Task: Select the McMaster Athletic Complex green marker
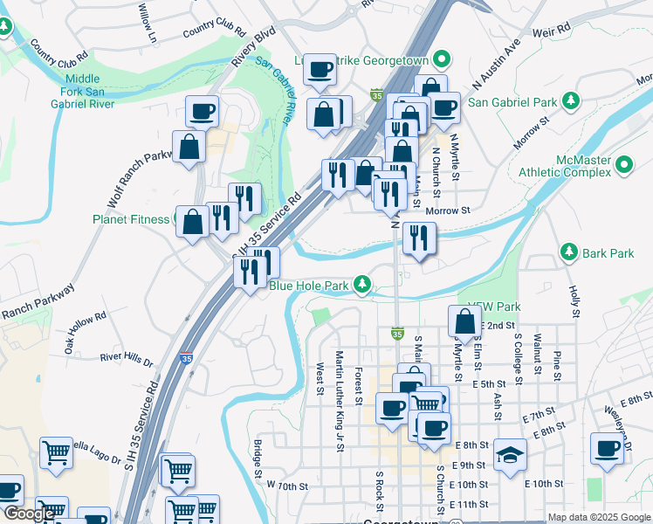[624, 164]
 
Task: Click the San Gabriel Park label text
[512, 102]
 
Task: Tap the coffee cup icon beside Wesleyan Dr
[606, 448]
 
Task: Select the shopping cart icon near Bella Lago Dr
[55, 453]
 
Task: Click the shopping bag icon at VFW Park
[464, 321]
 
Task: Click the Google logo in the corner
[28, 514]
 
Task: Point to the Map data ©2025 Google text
[598, 517]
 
